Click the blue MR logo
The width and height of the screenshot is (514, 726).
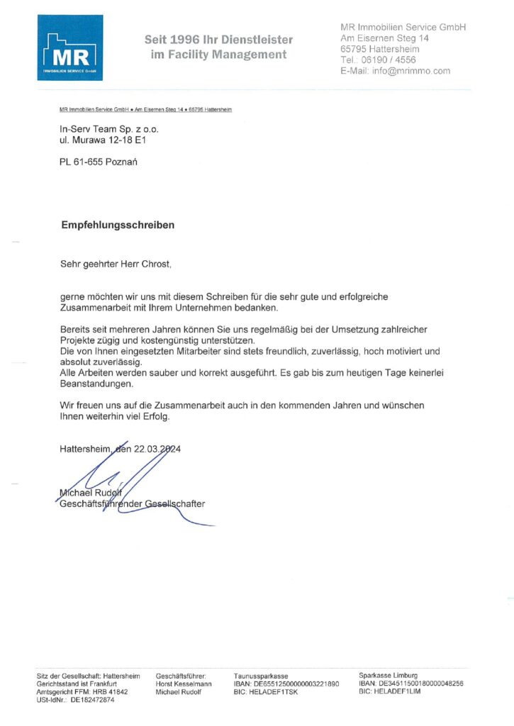pos(70,48)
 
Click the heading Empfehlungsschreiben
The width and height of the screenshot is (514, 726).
pos(117,225)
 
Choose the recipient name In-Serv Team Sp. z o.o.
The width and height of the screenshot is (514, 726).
pos(110,130)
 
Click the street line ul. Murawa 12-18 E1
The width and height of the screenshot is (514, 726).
pos(107,140)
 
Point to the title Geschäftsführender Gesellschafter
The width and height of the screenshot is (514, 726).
pos(133,503)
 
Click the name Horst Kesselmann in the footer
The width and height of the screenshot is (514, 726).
pos(184,684)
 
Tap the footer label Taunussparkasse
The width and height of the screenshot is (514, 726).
pos(261,676)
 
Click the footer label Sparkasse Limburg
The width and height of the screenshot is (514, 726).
pos(388,676)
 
